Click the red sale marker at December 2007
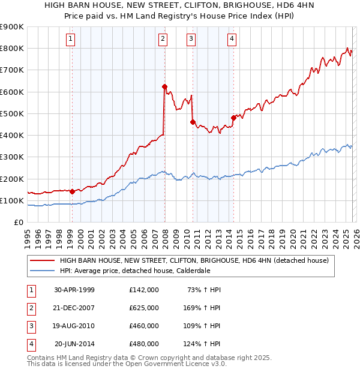pyautogui.click(x=164, y=86)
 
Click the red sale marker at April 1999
pyautogui.click(x=72, y=191)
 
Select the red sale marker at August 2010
pyautogui.click(x=193, y=122)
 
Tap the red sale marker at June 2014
pyautogui.click(x=233, y=118)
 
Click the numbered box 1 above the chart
pyautogui.click(x=71, y=40)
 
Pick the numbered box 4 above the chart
pyautogui.click(x=232, y=40)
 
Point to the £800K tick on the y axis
pyautogui.click(x=11, y=49)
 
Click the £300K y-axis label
pyautogui.click(x=11, y=157)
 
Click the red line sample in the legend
pyautogui.click(x=42, y=261)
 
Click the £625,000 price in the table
pyautogui.click(x=144, y=308)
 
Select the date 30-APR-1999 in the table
pyautogui.click(x=74, y=290)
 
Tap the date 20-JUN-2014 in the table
pyautogui.click(x=74, y=344)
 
